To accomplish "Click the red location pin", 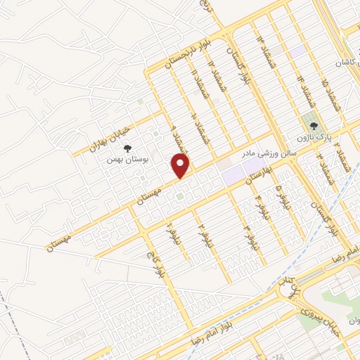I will [181, 166].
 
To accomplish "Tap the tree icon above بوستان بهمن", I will [127, 148].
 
